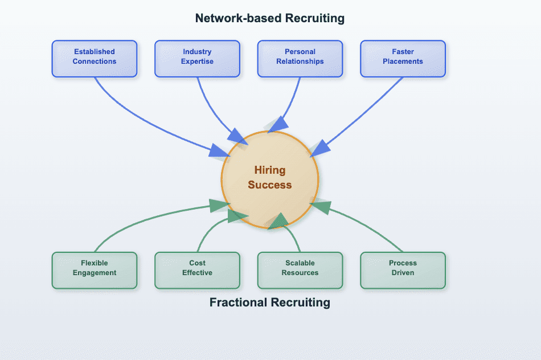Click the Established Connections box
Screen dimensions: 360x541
(x=95, y=58)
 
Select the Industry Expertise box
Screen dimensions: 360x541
(x=197, y=58)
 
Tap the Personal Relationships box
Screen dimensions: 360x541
(x=300, y=58)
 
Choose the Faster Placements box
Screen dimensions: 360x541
(x=403, y=58)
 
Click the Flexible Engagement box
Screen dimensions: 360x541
(x=95, y=269)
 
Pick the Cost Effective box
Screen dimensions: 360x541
(x=197, y=269)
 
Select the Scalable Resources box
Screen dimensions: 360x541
(x=300, y=269)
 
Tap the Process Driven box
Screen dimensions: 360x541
(x=403, y=269)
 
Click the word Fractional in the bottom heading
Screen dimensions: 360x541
(x=236, y=302)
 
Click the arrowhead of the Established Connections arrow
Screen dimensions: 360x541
(x=219, y=151)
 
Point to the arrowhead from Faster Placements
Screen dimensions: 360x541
(x=320, y=148)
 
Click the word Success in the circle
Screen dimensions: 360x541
(x=270, y=185)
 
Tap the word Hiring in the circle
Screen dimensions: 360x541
(x=270, y=170)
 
